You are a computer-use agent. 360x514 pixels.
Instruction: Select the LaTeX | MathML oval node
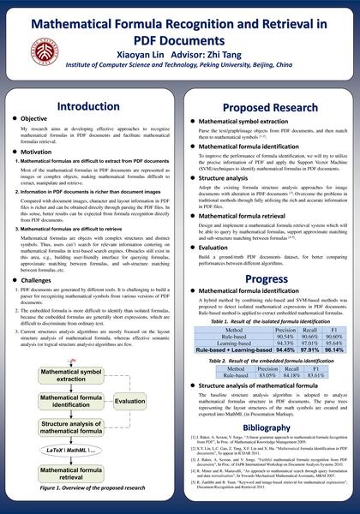83,450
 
